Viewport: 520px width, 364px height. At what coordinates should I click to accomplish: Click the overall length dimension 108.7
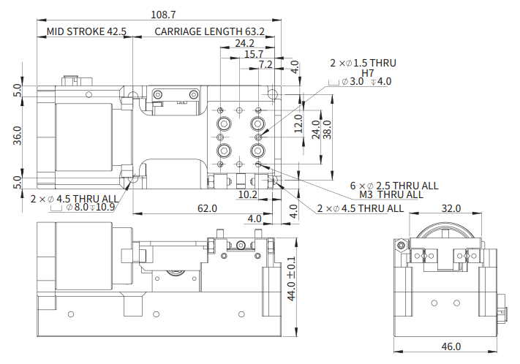(163, 14)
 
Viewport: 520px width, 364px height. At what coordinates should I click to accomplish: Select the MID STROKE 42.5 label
(86, 31)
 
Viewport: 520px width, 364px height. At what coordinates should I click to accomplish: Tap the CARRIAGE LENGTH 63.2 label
(208, 31)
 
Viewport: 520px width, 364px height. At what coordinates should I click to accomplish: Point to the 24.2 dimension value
(244, 43)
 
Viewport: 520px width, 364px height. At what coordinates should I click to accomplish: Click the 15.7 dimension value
(254, 54)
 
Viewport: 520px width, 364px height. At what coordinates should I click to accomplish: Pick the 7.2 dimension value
(265, 64)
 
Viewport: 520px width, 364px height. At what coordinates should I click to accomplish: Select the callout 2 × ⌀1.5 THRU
(363, 63)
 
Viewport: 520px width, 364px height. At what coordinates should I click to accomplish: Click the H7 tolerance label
(368, 73)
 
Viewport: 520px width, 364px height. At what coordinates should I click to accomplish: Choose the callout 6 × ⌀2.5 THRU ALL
(394, 186)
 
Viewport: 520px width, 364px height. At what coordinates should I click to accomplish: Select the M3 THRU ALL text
(391, 194)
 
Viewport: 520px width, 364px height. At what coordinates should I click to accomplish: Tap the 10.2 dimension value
(247, 194)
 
